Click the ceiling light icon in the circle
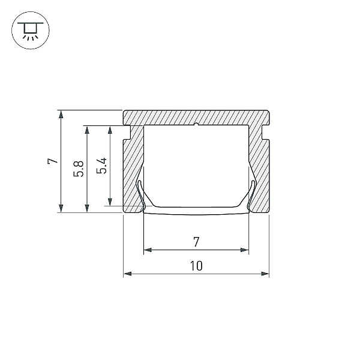(31, 31)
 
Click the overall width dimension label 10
(196, 266)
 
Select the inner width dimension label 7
(196, 242)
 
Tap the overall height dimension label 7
(53, 161)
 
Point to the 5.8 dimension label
(79, 169)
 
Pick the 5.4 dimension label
(101, 166)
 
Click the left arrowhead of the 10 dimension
(128, 274)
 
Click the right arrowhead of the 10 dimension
(265, 274)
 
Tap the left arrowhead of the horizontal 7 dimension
(148, 250)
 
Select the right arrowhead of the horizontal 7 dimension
(245, 250)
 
